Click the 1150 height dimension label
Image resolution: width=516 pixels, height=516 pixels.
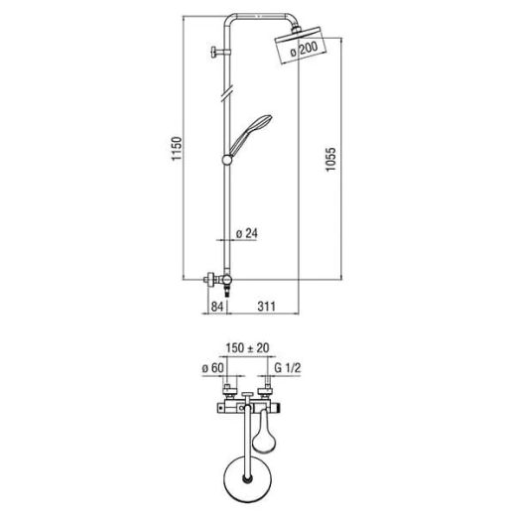point(177,149)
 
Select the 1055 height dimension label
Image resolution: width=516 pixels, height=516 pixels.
point(330,159)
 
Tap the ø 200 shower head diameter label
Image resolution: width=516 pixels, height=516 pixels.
point(304,49)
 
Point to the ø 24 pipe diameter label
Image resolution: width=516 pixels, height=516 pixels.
point(247,233)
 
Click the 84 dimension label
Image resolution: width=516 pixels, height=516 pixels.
point(217,307)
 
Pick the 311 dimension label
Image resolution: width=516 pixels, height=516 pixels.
point(266,307)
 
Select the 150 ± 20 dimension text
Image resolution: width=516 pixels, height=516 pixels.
point(247,348)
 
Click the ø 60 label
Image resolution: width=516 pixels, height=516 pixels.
point(213,368)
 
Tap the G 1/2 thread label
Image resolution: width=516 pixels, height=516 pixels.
point(288,368)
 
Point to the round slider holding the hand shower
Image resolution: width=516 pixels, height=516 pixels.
point(227,160)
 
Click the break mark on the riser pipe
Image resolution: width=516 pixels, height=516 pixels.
point(227,92)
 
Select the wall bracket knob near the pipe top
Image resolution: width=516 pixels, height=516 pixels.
point(214,53)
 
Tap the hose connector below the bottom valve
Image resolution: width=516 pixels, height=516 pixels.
point(227,291)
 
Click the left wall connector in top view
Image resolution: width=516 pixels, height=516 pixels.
point(227,392)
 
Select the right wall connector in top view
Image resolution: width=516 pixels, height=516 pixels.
point(266,392)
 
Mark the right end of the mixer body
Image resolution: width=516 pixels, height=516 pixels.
point(277,410)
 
